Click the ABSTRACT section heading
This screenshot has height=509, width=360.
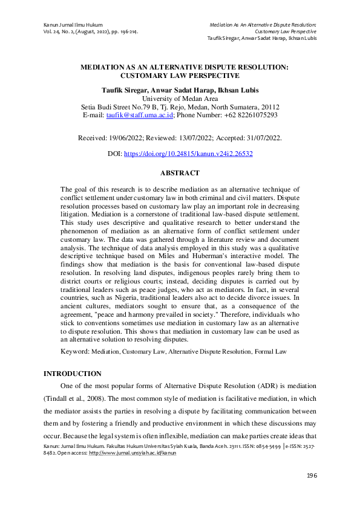pos(180,173)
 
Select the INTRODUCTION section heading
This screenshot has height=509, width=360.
pos(72,374)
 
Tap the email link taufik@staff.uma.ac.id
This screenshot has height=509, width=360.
pos(140,115)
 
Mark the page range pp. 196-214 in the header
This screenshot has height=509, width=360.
pos(124,31)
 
